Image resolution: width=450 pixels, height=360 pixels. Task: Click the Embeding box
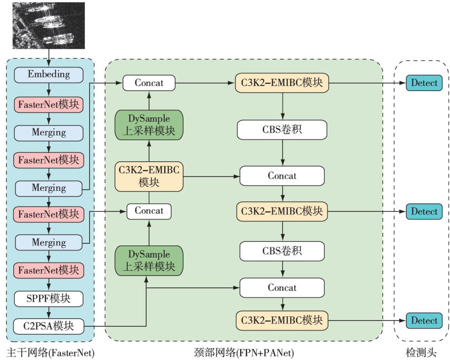(49, 74)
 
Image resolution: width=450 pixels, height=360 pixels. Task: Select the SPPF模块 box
(49, 298)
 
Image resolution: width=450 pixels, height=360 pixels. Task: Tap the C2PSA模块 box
(49, 326)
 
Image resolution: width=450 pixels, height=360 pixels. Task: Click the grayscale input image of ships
(49, 26)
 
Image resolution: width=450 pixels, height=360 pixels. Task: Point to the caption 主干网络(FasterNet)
(50, 352)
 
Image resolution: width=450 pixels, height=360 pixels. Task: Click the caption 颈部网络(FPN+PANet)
(244, 352)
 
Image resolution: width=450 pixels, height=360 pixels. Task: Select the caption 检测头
(421, 352)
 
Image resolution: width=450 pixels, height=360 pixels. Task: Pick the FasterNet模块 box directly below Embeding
(49, 103)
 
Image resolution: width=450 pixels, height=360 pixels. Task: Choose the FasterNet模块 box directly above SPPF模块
(49, 270)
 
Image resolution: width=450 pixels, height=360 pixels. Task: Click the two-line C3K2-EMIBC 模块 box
(149, 176)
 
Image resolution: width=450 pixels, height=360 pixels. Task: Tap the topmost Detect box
(424, 83)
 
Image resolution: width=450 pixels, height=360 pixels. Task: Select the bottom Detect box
(424, 321)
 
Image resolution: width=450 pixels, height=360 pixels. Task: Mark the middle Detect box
(424, 211)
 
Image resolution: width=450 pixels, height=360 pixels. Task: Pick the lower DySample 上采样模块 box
(149, 260)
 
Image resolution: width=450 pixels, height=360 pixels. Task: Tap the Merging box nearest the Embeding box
(49, 132)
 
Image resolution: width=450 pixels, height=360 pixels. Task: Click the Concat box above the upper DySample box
(149, 83)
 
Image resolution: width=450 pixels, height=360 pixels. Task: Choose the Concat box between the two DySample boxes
(149, 211)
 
